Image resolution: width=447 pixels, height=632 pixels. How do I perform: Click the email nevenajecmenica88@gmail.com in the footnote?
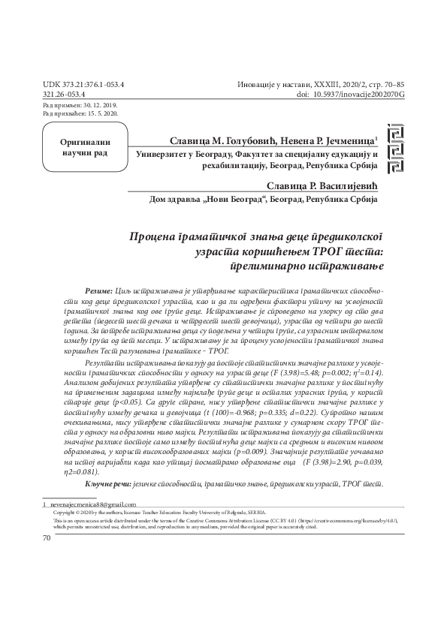point(94,504)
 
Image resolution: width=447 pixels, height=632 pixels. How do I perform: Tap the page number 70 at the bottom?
point(47,538)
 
